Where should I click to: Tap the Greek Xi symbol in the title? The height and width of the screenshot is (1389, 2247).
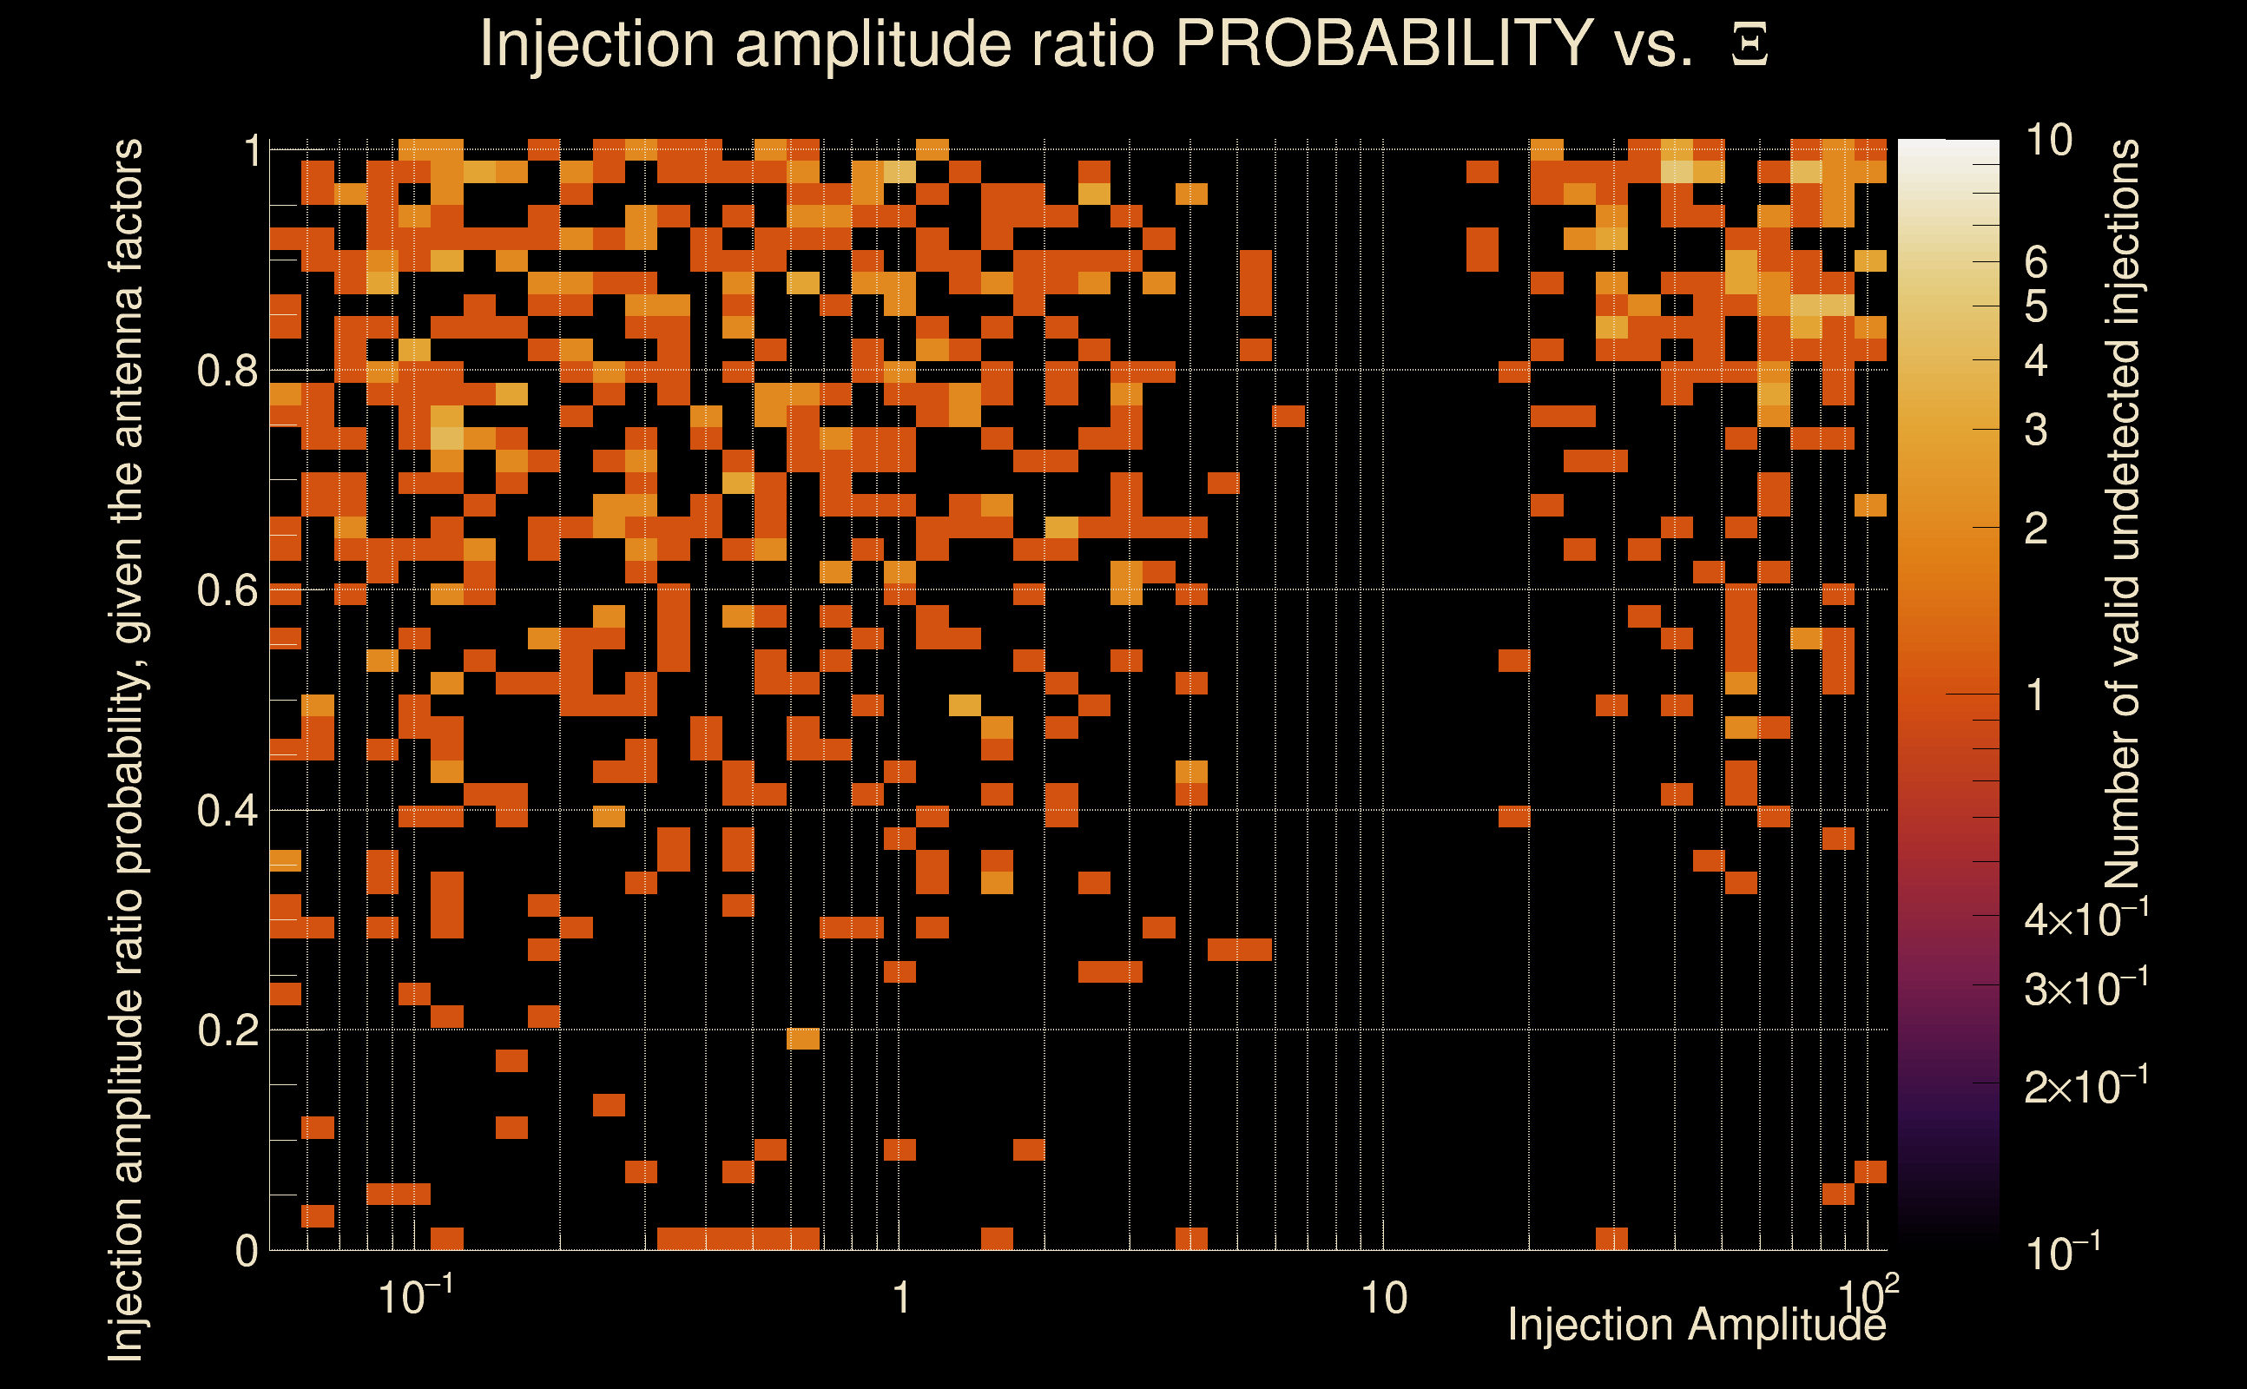1749,45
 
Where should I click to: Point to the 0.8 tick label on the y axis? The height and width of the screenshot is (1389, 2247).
227,372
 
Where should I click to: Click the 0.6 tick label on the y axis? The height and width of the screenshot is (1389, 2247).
227,590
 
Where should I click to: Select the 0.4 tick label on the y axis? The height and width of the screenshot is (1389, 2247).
227,811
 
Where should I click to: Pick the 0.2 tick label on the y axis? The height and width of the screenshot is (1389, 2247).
227,1030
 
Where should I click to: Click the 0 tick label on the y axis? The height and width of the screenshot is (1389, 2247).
247,1251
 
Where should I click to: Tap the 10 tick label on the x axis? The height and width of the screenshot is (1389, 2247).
1383,1299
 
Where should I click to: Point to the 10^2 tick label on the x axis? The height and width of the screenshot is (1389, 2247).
1867,1295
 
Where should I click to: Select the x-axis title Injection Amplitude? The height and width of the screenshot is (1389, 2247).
1697,1325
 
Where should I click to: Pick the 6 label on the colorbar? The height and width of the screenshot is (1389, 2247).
2036,263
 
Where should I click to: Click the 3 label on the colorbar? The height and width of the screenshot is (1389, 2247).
2036,430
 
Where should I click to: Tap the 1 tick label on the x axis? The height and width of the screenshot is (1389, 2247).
900,1299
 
